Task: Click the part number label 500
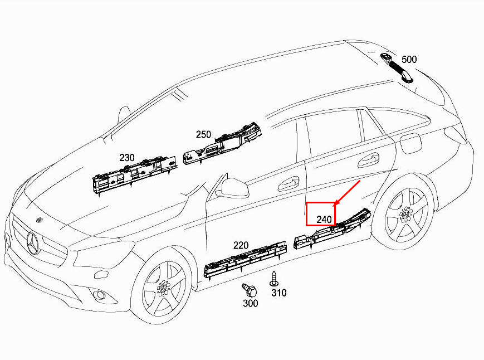(x=409, y=59)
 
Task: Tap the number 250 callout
(x=203, y=134)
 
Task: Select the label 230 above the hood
(x=127, y=158)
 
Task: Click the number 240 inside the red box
(x=324, y=220)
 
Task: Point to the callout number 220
(x=241, y=245)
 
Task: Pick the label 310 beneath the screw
(x=278, y=293)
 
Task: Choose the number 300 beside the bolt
(x=251, y=303)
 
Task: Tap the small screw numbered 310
(x=273, y=277)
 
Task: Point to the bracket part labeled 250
(x=223, y=144)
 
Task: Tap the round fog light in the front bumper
(x=101, y=295)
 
